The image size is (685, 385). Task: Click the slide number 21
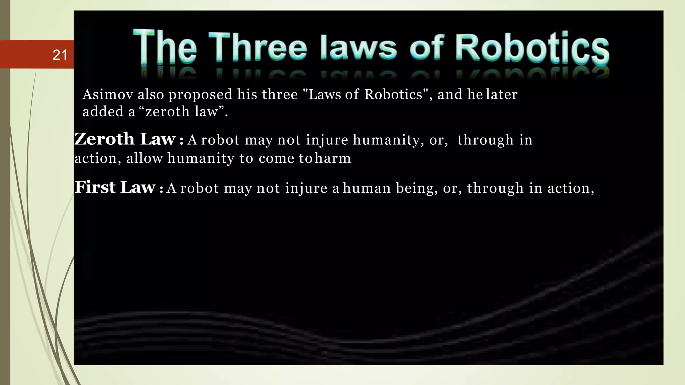(x=60, y=55)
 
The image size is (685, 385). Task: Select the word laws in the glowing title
(x=358, y=48)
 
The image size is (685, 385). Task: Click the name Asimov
(x=108, y=95)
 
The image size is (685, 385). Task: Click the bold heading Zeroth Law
(x=125, y=139)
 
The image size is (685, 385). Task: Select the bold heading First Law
(x=115, y=187)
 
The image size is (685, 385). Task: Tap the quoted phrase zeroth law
(x=182, y=112)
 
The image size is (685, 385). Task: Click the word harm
(x=333, y=158)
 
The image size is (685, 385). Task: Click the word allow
(x=144, y=158)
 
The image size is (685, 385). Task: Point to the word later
(x=502, y=95)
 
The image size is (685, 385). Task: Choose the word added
(x=103, y=112)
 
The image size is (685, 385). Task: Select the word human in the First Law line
(x=367, y=188)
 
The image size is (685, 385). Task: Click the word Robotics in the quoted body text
(x=393, y=95)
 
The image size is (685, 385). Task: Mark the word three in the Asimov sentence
(x=280, y=95)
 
